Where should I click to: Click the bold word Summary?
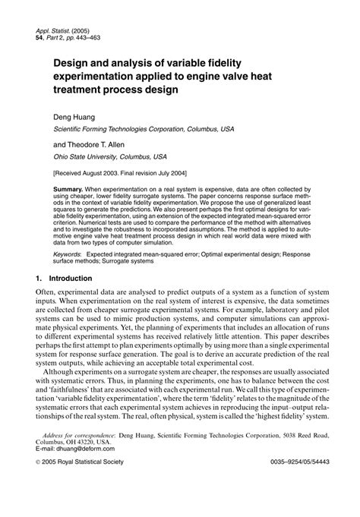(81, 187)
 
